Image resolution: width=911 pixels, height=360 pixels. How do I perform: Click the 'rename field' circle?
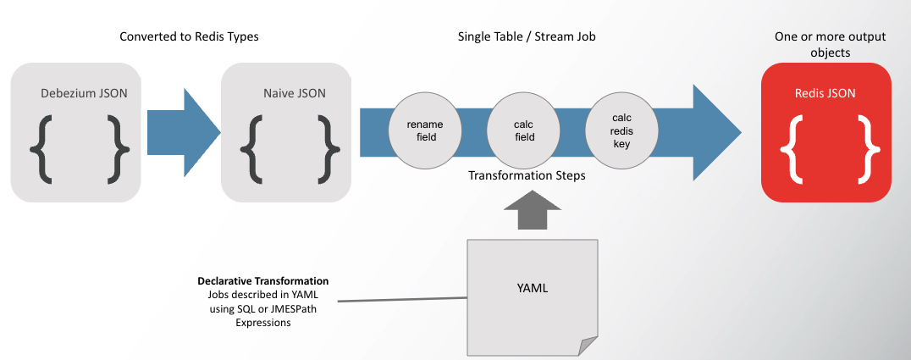[x=426, y=130]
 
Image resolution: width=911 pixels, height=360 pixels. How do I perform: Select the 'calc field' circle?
[x=524, y=130]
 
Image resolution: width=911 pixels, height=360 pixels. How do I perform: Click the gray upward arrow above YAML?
[x=532, y=211]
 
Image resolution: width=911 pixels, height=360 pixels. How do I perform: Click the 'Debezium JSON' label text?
[x=85, y=92]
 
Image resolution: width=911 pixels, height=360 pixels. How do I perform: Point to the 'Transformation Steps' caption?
[x=527, y=177]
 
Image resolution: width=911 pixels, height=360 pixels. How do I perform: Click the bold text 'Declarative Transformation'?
[x=262, y=280]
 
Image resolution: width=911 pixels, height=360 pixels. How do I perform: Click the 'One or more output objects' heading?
[x=825, y=44]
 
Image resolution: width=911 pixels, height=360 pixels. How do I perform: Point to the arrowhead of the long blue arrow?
[x=720, y=130]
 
